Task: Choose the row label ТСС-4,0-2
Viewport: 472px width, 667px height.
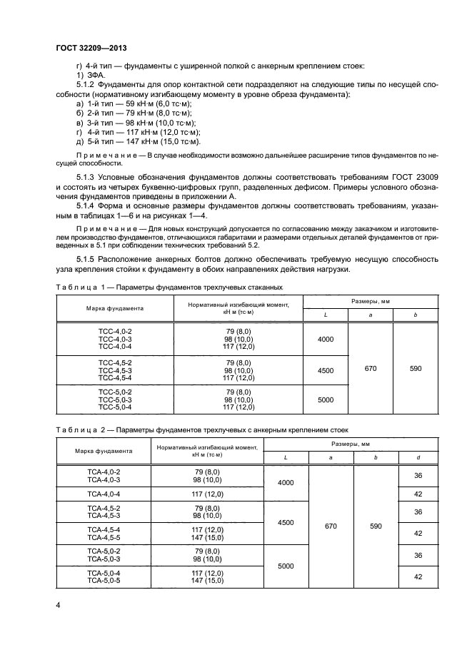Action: point(115,332)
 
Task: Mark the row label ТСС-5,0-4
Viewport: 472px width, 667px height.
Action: point(115,407)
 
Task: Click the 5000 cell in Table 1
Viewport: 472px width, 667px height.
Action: point(325,400)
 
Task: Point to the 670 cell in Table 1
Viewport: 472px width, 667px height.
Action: point(370,370)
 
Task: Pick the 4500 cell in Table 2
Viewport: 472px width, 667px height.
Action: point(285,523)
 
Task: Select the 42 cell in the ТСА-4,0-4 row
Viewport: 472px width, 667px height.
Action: point(418,494)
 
